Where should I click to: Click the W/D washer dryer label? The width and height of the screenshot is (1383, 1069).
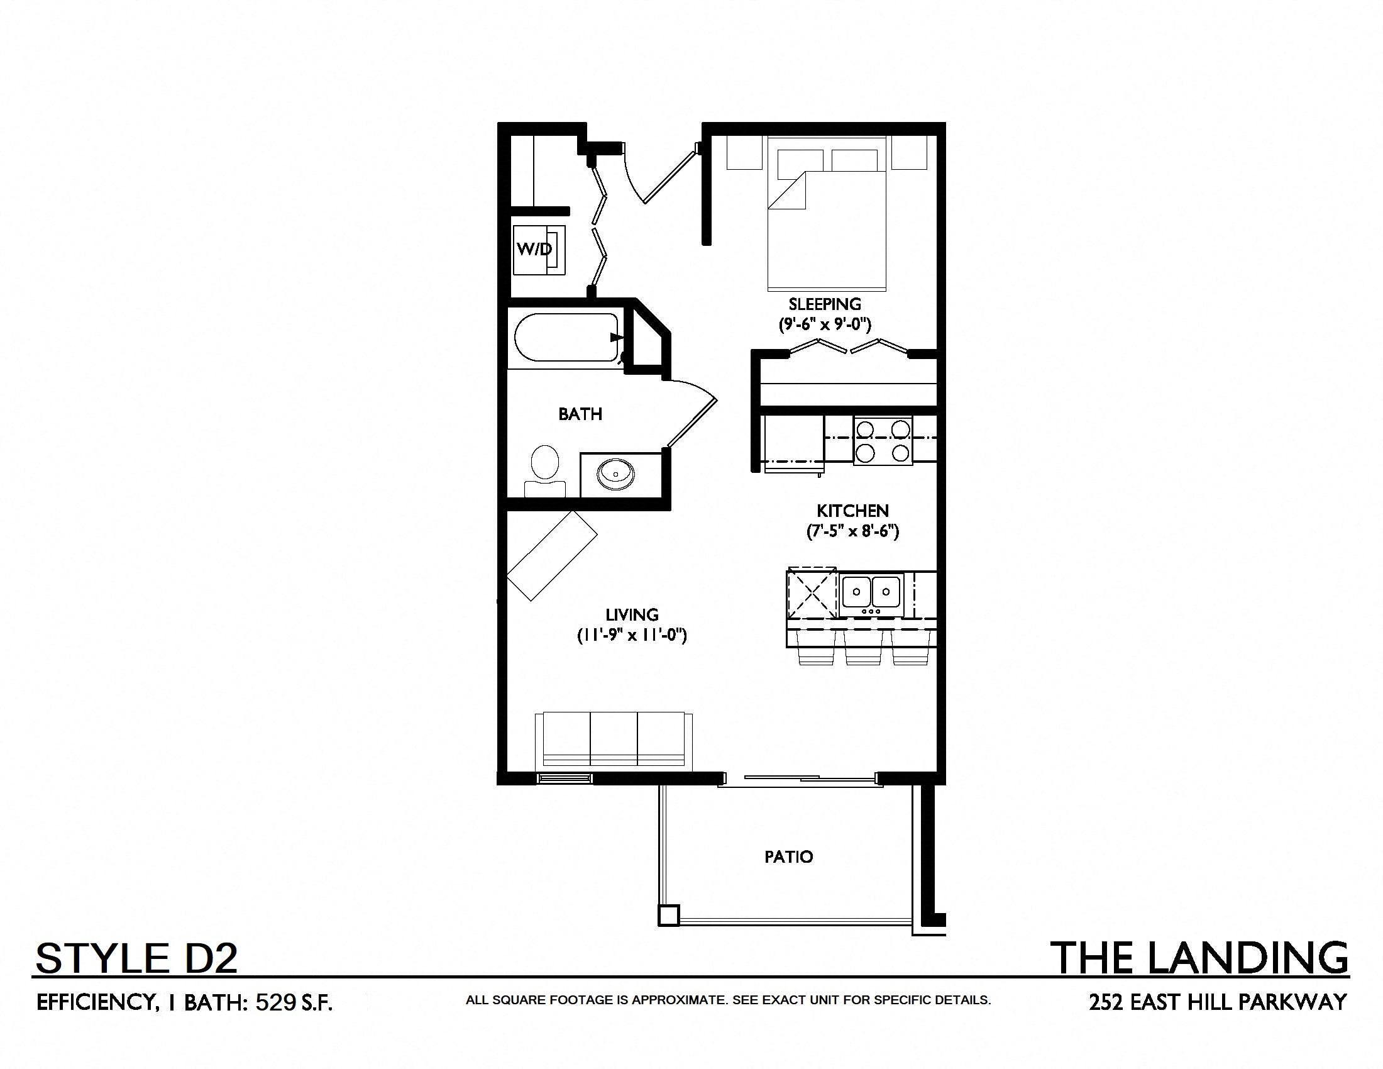coord(534,249)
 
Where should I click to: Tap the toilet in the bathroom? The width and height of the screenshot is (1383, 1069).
coord(544,471)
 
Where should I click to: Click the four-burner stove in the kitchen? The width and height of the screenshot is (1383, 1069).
coord(883,441)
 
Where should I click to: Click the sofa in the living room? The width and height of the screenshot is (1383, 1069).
coord(614,741)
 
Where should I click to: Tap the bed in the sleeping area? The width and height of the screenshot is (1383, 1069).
coord(827,213)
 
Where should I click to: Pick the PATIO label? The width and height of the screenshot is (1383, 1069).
coord(788,857)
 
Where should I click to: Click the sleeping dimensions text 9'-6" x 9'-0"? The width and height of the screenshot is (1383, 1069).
coord(825,324)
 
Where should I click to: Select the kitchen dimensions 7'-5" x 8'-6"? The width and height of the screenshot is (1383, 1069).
coord(852,531)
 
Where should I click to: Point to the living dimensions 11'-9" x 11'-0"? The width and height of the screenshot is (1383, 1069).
coord(631,634)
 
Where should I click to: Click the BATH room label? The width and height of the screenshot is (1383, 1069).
coord(580,414)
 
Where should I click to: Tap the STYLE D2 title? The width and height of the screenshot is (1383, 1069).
coord(137,958)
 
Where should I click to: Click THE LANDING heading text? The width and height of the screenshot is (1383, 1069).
coord(1199,958)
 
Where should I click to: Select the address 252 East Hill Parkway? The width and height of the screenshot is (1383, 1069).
coord(1218,1002)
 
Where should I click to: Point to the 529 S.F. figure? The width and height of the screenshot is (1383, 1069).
coord(294,1002)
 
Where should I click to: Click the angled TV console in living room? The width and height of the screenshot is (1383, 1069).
coord(552,555)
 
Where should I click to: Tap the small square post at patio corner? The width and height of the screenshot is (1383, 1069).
coord(669,916)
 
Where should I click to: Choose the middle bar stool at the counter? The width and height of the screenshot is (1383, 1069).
coord(859,648)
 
